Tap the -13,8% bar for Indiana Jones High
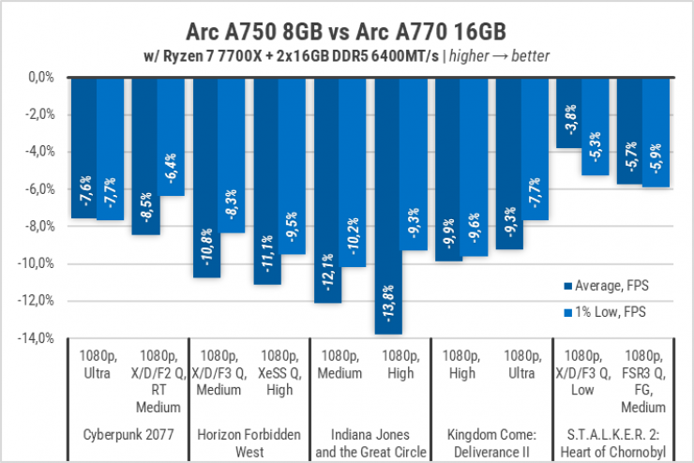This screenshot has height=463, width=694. click(x=389, y=206)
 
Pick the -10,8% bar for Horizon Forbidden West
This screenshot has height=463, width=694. click(x=207, y=178)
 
